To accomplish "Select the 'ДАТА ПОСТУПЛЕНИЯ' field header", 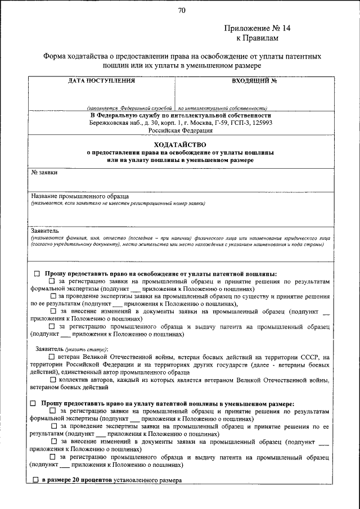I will [x=101, y=80].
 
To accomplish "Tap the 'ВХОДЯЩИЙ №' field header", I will [x=254, y=80].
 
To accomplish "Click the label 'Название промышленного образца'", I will [x=80, y=196].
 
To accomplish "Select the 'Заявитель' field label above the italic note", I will [x=44, y=231].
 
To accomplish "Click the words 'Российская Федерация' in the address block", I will [x=181, y=130].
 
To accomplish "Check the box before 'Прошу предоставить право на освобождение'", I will [x=37, y=273].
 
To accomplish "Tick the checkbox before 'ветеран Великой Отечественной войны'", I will [x=52, y=357].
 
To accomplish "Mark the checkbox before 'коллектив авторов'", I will [x=52, y=380].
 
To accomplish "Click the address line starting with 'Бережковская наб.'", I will [x=181, y=122].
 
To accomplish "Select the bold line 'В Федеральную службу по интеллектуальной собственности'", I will [x=181, y=115].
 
